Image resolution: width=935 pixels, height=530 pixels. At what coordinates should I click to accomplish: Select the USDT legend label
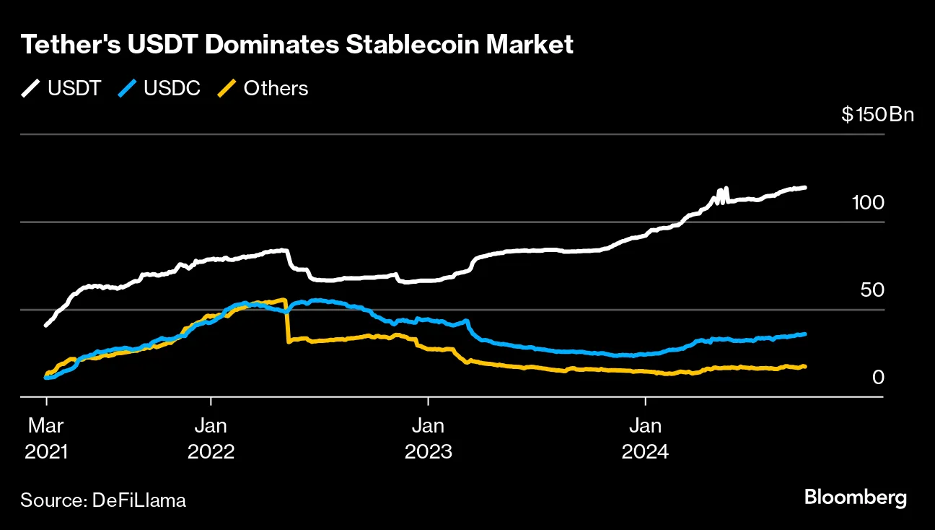click(x=74, y=88)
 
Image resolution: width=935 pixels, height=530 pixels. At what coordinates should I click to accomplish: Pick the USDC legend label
click(x=172, y=88)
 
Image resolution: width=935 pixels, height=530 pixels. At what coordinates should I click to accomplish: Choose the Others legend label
click(x=276, y=88)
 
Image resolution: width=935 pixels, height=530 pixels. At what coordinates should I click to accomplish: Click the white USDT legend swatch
click(x=31, y=88)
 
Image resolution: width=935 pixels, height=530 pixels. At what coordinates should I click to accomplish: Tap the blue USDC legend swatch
click(x=127, y=88)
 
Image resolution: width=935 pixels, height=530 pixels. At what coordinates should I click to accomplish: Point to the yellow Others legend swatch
click(x=227, y=88)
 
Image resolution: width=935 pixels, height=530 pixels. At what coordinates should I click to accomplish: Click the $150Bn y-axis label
click(x=877, y=115)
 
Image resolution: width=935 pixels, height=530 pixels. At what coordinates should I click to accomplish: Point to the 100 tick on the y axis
click(x=868, y=202)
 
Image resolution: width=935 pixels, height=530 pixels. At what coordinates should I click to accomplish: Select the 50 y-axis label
click(x=872, y=290)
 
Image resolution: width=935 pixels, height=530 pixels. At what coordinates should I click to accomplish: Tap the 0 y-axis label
click(x=878, y=378)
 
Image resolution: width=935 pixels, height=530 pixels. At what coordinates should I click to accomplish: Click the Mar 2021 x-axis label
click(x=46, y=438)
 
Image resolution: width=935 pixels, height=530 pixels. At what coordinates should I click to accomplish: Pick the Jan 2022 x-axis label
click(x=211, y=438)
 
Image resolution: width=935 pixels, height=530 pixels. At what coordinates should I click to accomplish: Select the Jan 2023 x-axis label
click(x=429, y=438)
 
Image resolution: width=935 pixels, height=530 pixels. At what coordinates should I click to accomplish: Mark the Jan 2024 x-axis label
click(x=645, y=438)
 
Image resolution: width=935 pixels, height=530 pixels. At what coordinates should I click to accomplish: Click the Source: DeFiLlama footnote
click(x=103, y=500)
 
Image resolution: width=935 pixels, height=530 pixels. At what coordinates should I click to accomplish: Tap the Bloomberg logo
click(x=855, y=498)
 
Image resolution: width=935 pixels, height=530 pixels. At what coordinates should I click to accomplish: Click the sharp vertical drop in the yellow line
click(x=287, y=321)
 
